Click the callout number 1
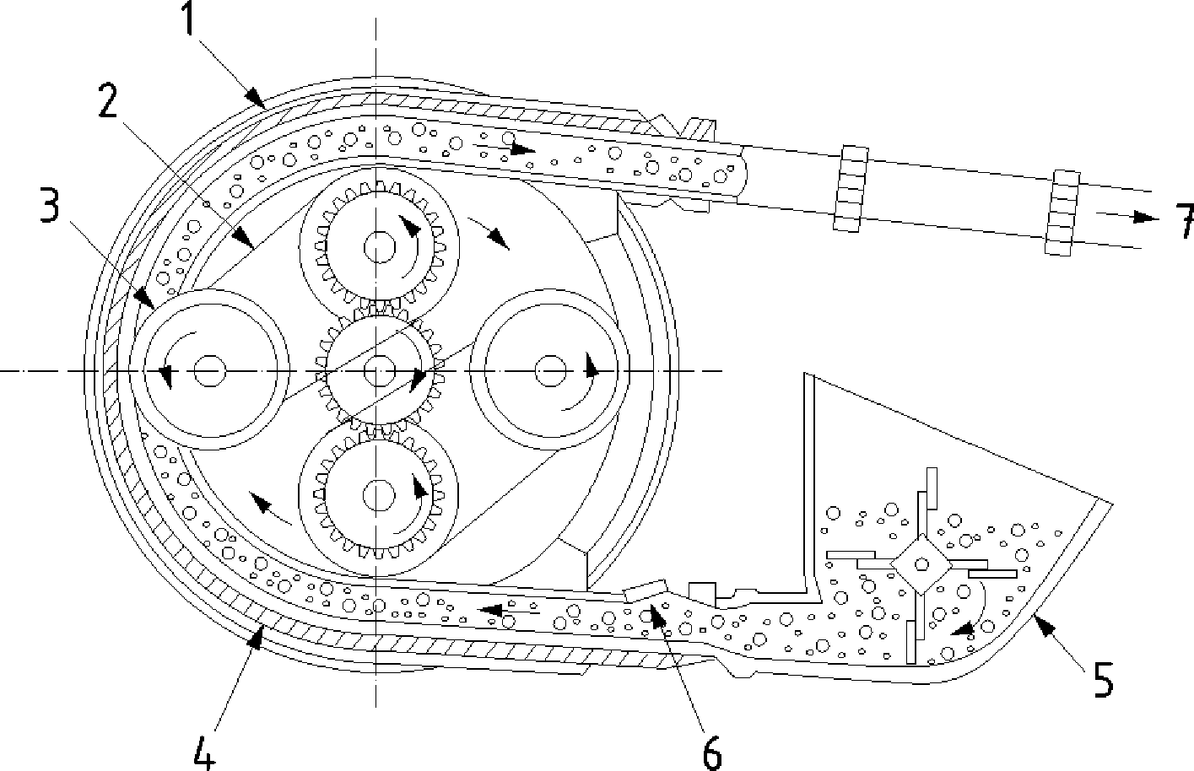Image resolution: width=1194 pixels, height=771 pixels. [188, 19]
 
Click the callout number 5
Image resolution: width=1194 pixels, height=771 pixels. [1103, 680]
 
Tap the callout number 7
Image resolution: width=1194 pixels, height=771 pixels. [1185, 221]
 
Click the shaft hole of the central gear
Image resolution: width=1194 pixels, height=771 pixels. [379, 371]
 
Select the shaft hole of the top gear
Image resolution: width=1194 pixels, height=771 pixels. [380, 247]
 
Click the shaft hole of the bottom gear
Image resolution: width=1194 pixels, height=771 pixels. [379, 495]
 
